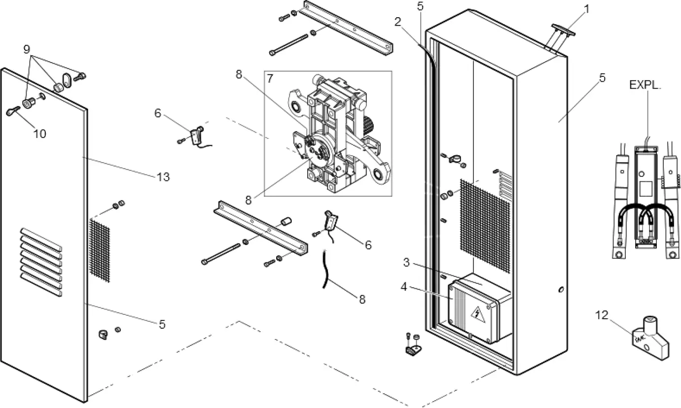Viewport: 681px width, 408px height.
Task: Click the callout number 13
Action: (x=163, y=177)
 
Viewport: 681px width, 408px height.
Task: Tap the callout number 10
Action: (x=39, y=134)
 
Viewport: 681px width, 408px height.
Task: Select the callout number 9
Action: (x=27, y=49)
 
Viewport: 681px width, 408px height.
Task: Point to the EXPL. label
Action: (x=645, y=85)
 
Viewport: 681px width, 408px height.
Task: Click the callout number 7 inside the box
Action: (x=270, y=78)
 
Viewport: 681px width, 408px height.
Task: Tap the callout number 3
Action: (x=406, y=263)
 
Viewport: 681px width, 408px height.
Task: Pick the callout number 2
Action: (x=398, y=21)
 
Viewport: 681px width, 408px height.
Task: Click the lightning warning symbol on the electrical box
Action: (x=477, y=313)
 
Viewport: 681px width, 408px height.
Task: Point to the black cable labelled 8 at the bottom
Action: (x=325, y=272)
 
